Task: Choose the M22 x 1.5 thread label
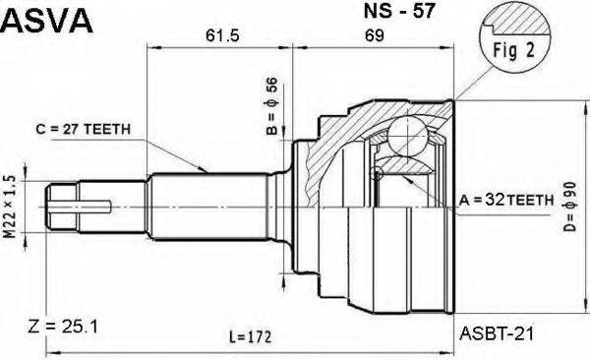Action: [10, 210]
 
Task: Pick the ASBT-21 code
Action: [498, 334]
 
